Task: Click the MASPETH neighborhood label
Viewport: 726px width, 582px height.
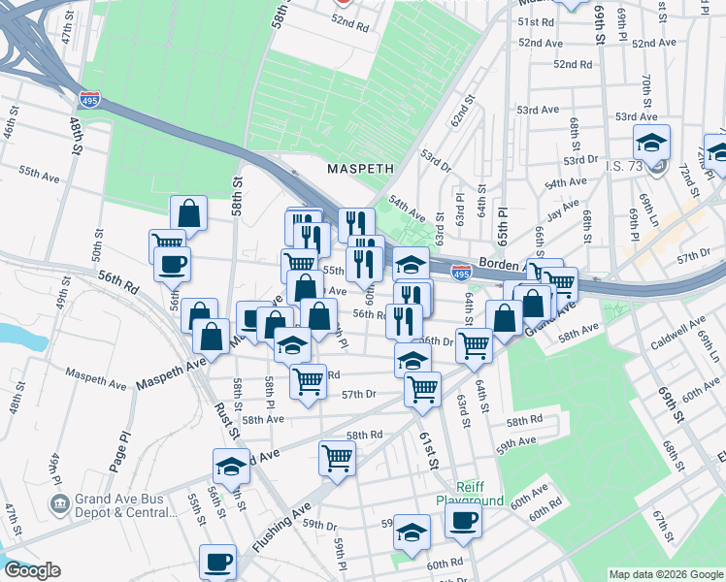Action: pos(360,168)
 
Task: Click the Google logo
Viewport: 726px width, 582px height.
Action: pos(31,571)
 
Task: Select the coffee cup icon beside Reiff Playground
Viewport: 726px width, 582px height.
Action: pos(463,519)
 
